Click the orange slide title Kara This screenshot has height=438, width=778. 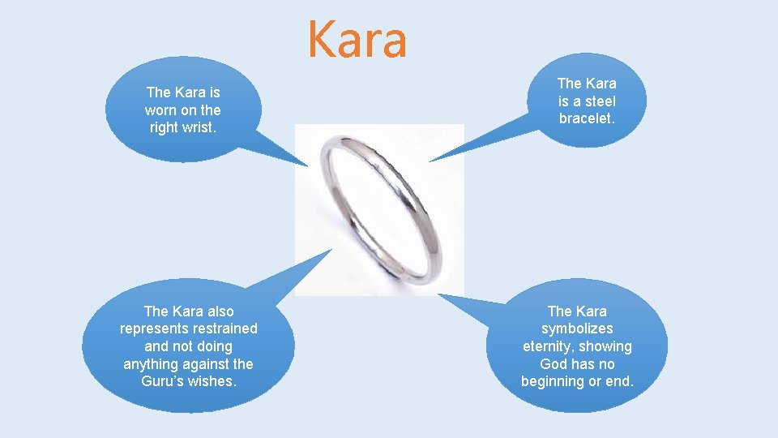click(x=357, y=41)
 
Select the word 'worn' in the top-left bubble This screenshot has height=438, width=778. click(x=160, y=109)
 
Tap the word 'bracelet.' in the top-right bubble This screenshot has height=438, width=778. click(x=587, y=118)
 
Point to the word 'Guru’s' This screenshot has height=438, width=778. click(x=161, y=381)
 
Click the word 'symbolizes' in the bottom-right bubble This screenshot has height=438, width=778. click(x=577, y=328)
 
